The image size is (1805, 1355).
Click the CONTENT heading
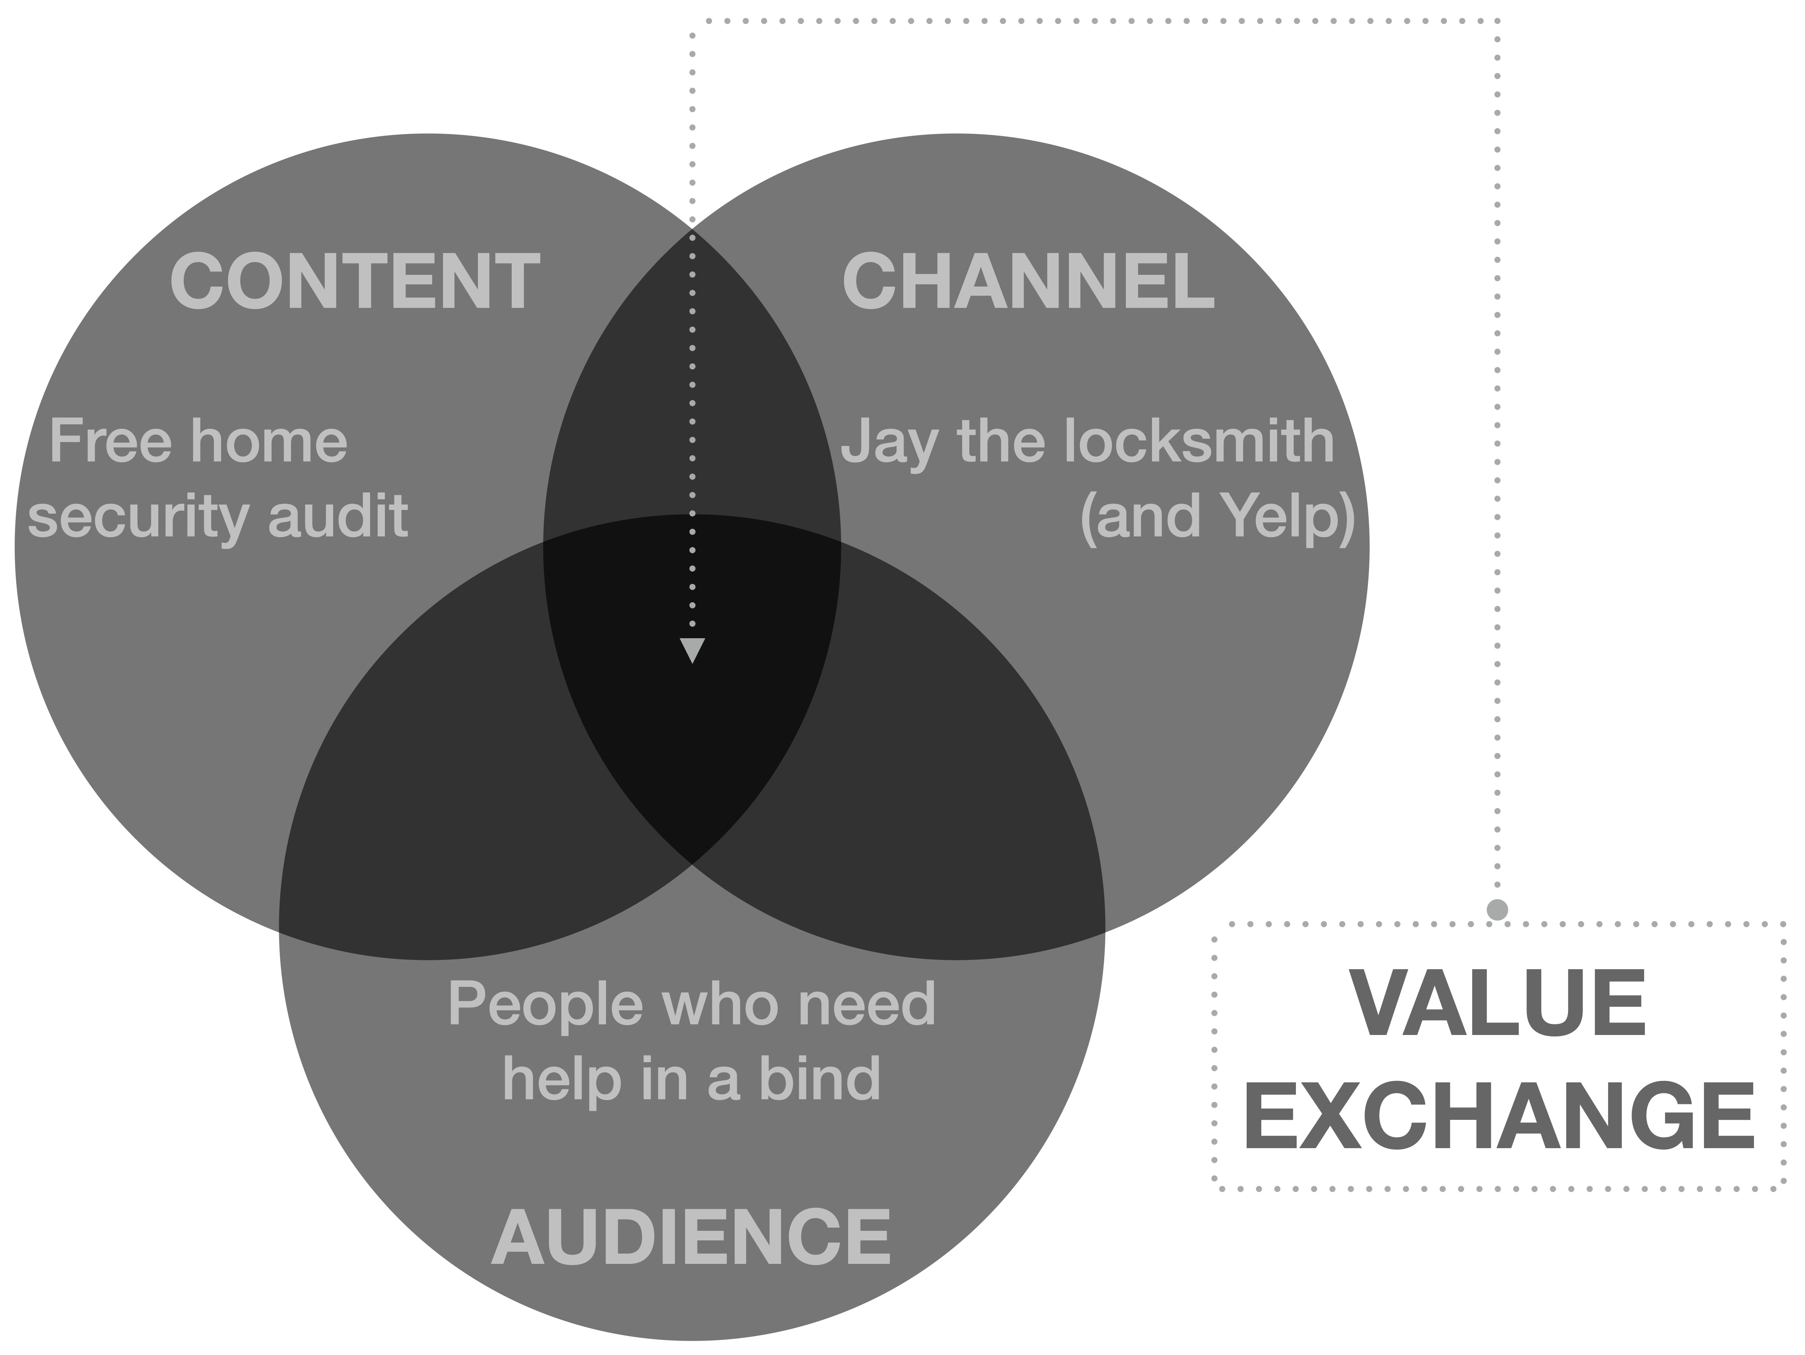tap(355, 281)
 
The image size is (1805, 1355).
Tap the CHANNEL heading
tap(1028, 281)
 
